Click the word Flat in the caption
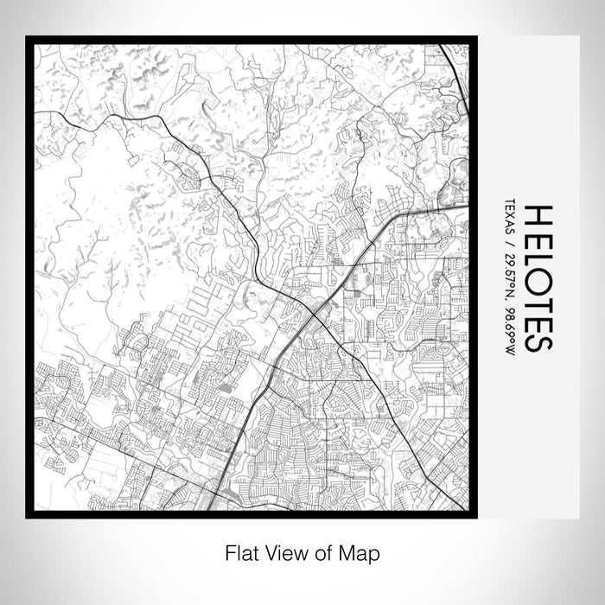[239, 551]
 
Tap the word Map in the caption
[362, 551]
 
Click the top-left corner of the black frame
[27, 37]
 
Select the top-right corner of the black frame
[476, 37]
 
